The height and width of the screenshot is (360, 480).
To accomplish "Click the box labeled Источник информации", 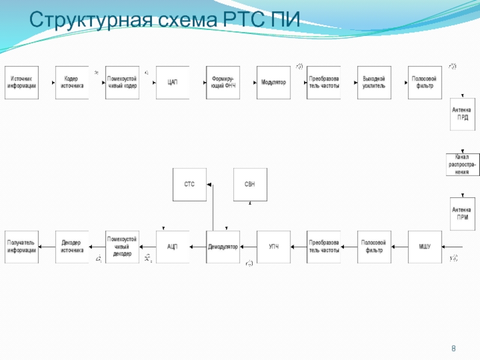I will [22, 82].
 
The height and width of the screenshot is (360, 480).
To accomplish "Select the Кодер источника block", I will [72, 82].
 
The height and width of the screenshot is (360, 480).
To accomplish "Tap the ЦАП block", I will [173, 82].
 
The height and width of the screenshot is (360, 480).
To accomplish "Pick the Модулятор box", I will [274, 82].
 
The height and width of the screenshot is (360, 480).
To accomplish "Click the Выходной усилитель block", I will [374, 82].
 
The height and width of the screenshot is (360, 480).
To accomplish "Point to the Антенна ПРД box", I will [463, 114].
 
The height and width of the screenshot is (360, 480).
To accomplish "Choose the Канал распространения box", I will [463, 164].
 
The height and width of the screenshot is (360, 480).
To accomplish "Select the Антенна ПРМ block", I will [463, 214].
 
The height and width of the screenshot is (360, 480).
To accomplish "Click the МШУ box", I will [424, 247].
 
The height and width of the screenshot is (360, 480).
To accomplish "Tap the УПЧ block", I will [274, 247].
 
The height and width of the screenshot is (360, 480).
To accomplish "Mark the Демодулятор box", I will [223, 247].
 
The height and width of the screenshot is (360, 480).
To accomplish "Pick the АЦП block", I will [173, 247].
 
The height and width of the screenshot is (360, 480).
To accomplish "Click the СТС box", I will [190, 184].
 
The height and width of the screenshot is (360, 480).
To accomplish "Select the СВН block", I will [250, 184].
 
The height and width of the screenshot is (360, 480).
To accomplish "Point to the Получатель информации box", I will [22, 247].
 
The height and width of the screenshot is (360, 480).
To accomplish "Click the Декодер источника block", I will [72, 247].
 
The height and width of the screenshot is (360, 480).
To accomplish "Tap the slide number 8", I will [453, 349].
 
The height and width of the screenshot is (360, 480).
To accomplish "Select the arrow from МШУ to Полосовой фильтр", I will [399, 247].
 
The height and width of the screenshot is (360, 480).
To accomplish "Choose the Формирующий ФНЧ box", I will [223, 82].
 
